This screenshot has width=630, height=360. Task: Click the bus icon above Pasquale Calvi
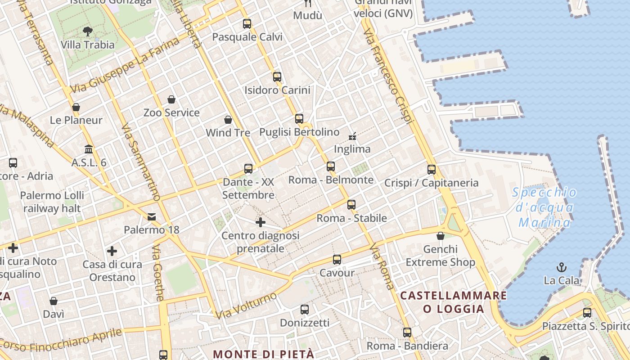pyautogui.click(x=247, y=24)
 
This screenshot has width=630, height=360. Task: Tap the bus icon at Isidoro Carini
pyautogui.click(x=277, y=77)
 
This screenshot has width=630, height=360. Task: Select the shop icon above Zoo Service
pyautogui.click(x=171, y=99)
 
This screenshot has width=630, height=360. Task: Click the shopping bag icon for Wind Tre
pyautogui.click(x=228, y=120)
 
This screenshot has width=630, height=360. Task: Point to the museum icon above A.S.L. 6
pyautogui.click(x=89, y=149)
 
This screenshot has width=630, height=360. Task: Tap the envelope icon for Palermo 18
pyautogui.click(x=152, y=217)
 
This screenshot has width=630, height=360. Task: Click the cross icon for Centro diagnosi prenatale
pyautogui.click(x=261, y=222)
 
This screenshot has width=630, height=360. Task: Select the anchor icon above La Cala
pyautogui.click(x=561, y=268)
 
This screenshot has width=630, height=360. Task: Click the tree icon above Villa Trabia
pyautogui.click(x=88, y=31)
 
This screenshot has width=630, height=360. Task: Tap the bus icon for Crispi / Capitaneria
pyautogui.click(x=432, y=170)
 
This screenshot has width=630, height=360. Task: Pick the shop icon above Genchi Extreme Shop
pyautogui.click(x=441, y=236)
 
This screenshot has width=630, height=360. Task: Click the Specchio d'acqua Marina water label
pyautogui.click(x=544, y=208)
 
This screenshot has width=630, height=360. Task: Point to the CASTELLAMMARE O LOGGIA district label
pyautogui.click(x=454, y=302)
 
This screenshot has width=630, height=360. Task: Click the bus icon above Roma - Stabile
pyautogui.click(x=351, y=205)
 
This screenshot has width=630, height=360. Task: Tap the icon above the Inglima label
pyautogui.click(x=352, y=136)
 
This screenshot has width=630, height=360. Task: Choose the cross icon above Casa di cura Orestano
pyautogui.click(x=112, y=251)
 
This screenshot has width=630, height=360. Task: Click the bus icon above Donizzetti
pyautogui.click(x=305, y=310)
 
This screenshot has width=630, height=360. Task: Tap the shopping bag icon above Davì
pyautogui.click(x=54, y=301)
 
